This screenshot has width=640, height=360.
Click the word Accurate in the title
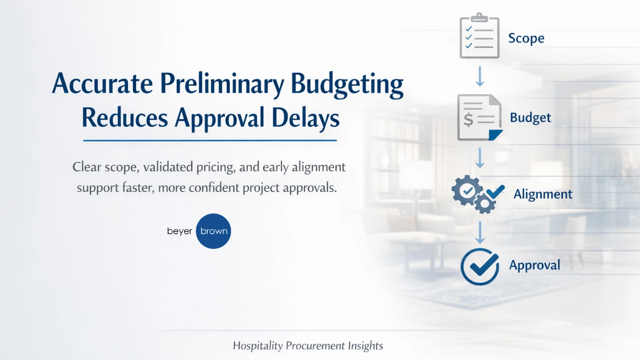(103, 85)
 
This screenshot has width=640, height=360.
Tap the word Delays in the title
(308, 118)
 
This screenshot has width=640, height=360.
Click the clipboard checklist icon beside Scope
(479, 36)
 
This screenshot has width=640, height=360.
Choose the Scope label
(526, 38)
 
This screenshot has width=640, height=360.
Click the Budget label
(530, 117)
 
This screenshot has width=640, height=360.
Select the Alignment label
(543, 194)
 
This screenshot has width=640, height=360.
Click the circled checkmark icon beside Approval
(479, 266)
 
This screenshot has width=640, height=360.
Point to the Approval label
(535, 265)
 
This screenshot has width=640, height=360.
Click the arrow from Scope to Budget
(479, 76)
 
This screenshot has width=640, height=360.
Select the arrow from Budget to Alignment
(479, 158)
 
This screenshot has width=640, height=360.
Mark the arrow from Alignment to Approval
(479, 232)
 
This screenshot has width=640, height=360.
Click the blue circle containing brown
(214, 231)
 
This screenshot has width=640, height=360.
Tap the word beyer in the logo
(179, 231)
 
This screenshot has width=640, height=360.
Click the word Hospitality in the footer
(258, 346)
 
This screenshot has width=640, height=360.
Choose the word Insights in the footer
(365, 346)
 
